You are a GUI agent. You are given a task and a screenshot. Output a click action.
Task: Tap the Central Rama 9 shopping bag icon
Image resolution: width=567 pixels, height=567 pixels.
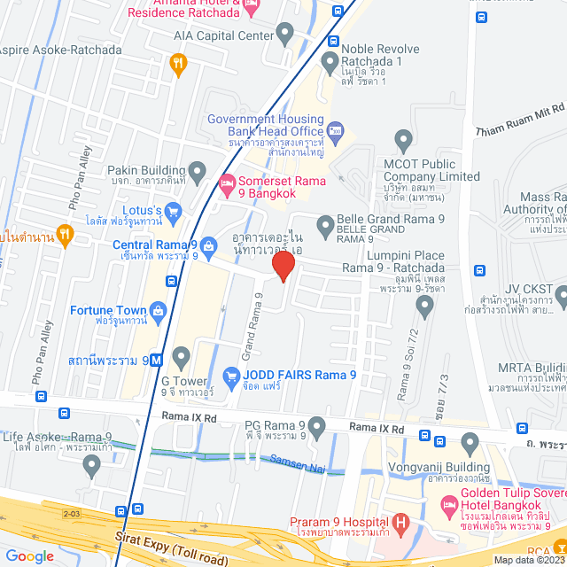208,245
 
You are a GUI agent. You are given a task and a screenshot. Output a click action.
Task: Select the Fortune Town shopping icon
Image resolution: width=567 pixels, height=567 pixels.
159,310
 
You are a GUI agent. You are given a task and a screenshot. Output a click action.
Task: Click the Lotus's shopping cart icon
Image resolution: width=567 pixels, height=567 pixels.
173,211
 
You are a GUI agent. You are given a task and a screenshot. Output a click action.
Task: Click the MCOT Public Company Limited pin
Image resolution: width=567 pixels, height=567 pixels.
404,139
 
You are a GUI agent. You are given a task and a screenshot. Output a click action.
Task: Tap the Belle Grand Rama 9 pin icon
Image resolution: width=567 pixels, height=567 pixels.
324,224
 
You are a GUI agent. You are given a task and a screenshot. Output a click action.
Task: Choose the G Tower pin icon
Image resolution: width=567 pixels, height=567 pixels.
183,358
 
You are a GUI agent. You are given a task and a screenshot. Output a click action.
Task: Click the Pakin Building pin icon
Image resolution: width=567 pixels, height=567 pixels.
197,170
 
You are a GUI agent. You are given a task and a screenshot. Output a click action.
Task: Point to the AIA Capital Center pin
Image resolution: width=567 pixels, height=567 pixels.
285,35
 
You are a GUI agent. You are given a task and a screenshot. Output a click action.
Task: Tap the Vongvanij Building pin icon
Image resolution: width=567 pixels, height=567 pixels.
470,442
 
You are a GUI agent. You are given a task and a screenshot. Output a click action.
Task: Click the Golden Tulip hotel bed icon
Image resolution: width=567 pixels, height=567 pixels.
448,502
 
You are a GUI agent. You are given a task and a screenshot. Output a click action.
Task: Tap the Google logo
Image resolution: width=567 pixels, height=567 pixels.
29,556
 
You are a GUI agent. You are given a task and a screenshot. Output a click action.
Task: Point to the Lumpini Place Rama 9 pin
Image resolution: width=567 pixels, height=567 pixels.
425,306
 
